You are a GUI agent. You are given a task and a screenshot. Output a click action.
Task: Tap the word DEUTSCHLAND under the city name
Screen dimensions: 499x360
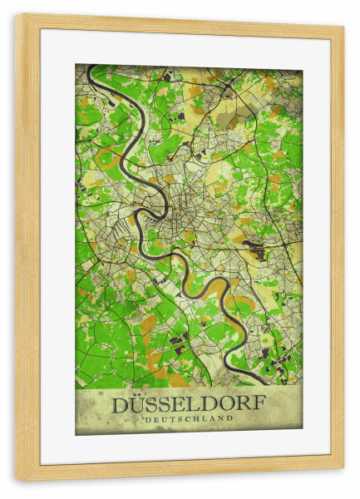tap(189, 419)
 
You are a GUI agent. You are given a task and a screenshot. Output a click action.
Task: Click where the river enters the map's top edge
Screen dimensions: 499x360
tap(90, 67)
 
